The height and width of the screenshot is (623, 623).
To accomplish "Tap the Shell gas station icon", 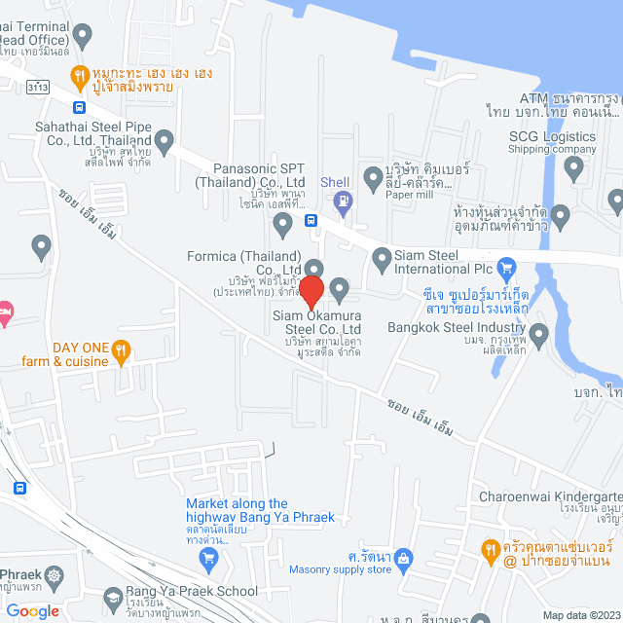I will tap(341, 202).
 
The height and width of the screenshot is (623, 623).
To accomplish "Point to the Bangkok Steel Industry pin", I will tap(538, 336).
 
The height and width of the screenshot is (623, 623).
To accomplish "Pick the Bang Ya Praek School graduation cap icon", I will tap(113, 591).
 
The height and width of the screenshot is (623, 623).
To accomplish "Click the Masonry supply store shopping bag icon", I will tap(404, 558).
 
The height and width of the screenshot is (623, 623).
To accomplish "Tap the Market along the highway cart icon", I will tap(206, 558).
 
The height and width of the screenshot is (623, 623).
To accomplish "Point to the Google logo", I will tap(31, 610).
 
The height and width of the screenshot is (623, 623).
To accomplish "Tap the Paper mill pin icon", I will tap(372, 178).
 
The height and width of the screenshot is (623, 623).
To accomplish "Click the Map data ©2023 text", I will tap(580, 615).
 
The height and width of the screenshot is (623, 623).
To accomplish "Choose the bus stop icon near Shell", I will tap(311, 220).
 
